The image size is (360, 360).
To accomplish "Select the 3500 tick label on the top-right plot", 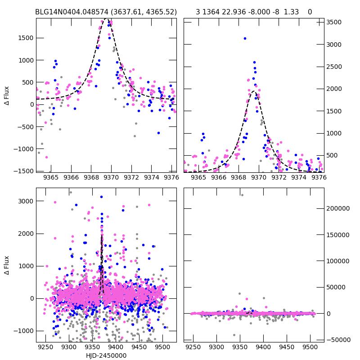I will tap(334, 22).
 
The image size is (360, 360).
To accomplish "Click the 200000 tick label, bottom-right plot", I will tap(339, 208).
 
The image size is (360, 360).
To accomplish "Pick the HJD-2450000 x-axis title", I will tap(106, 355).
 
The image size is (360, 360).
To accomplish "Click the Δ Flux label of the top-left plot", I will tap(6, 95).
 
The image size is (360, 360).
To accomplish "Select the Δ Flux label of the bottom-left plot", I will tap(6, 265).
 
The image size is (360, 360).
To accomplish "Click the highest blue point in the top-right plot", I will tap(245, 39).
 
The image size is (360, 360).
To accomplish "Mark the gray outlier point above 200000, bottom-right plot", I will tap(242, 195).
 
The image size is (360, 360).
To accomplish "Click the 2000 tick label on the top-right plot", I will tap(334, 89).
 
